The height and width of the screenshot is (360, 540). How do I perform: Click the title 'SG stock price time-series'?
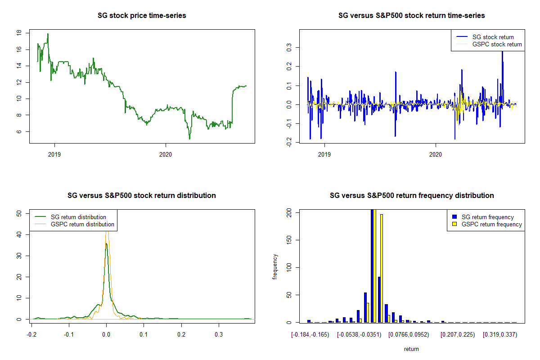coord(142,16)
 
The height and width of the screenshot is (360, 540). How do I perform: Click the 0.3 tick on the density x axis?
coord(218,335)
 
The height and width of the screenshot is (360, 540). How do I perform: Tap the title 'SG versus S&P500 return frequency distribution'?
coord(412,196)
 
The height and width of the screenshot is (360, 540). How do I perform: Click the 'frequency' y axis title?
coord(275,267)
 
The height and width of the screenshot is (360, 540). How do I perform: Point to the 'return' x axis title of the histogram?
coord(411,349)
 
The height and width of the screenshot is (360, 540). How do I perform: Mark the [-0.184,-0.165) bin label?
coord(310,335)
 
